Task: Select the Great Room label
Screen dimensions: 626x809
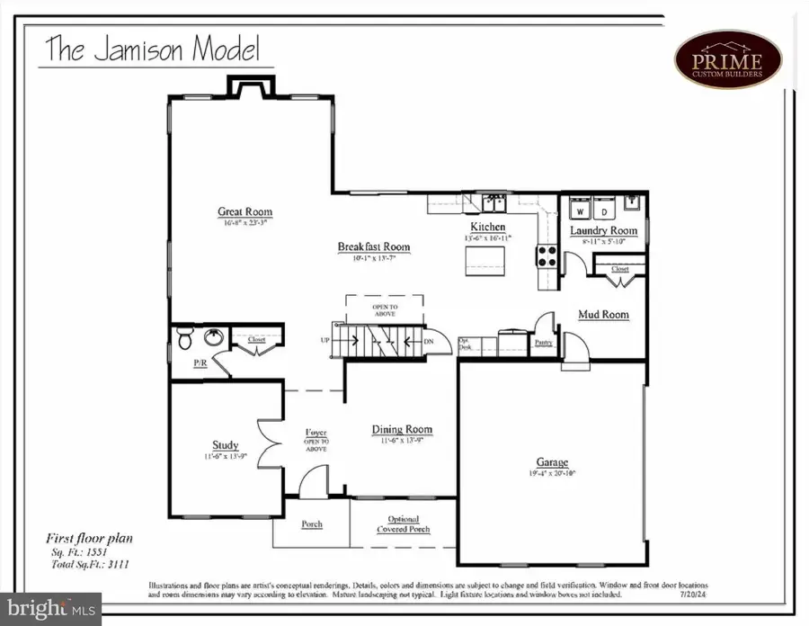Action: [244, 213]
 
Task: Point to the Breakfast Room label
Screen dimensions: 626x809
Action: [373, 246]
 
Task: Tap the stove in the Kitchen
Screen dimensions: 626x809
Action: [547, 256]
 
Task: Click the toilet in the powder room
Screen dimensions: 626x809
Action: [184, 339]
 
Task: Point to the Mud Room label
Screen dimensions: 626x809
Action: [603, 315]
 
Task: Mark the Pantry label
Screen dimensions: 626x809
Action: [543, 343]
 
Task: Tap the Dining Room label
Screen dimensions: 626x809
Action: [402, 430]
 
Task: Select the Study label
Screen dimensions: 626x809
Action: [225, 444]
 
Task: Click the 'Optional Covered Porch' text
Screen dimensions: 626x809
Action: [409, 524]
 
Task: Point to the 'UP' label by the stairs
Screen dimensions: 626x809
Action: [324, 341]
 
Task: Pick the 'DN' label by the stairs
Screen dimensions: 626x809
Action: [429, 341]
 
